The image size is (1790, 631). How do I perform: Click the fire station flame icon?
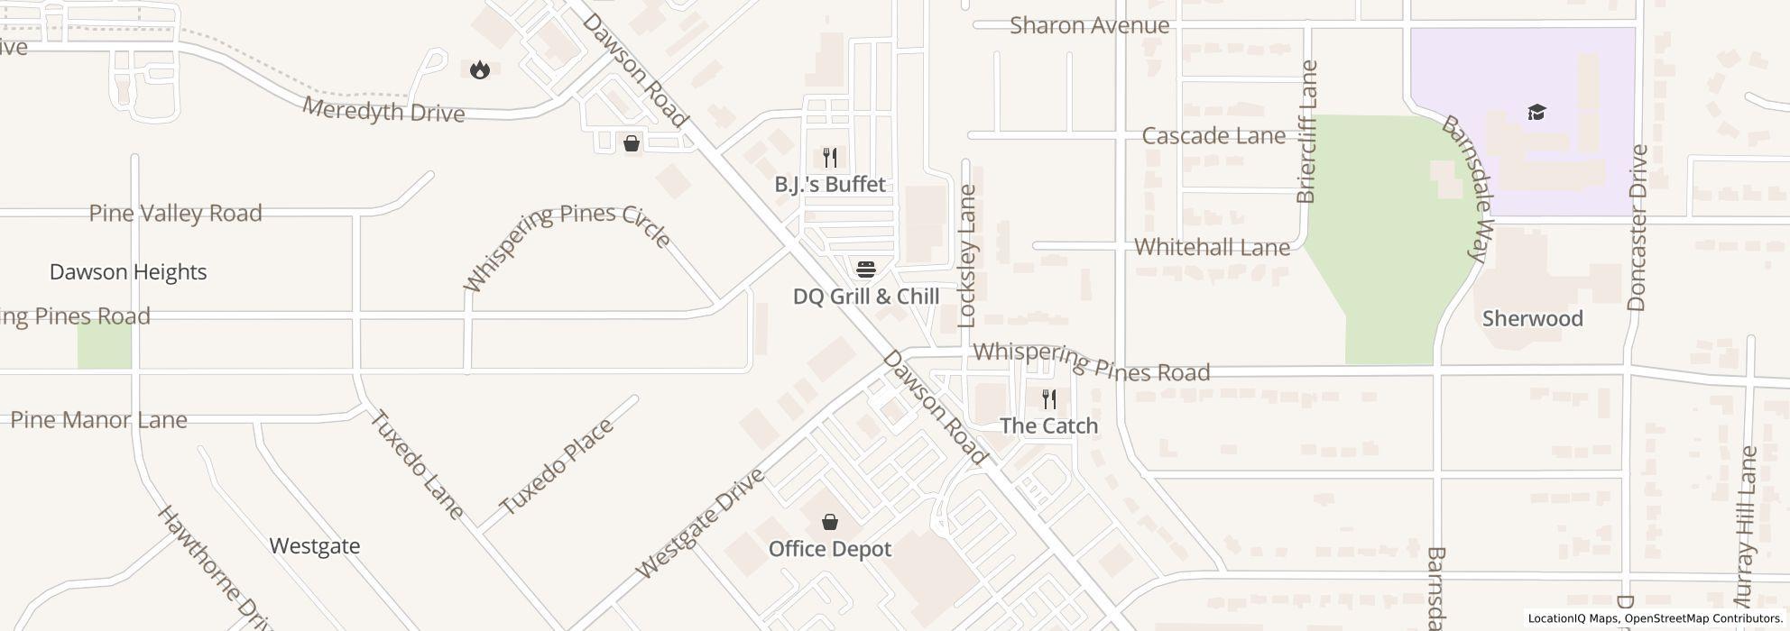pyautogui.click(x=480, y=69)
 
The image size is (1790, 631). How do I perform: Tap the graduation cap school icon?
pyautogui.click(x=1536, y=113)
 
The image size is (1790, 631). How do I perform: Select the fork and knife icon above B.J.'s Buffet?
pyautogui.click(x=830, y=158)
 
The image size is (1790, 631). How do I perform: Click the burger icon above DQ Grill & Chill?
pyautogui.click(x=865, y=270)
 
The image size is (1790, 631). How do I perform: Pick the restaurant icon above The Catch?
pyautogui.click(x=1048, y=398)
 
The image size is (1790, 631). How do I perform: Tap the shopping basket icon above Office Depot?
pyautogui.click(x=829, y=522)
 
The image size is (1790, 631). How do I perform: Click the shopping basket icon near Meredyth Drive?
pyautogui.click(x=632, y=143)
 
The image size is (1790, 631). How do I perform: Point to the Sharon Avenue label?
pyautogui.click(x=1089, y=25)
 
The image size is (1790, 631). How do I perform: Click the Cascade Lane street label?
pyautogui.click(x=1213, y=136)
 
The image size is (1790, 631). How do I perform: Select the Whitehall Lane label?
pyautogui.click(x=1211, y=247)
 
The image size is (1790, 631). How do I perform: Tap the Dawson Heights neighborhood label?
pyautogui.click(x=128, y=272)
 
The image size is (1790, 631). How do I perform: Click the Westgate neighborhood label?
pyautogui.click(x=315, y=546)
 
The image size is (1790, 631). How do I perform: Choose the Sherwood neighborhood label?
pyautogui.click(x=1532, y=319)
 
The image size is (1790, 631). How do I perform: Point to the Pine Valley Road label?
pyautogui.click(x=175, y=214)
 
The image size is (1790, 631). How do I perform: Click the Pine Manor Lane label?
pyautogui.click(x=98, y=420)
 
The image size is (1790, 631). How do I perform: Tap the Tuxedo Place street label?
pyautogui.click(x=556, y=466)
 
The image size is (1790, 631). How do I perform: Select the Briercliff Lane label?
pyautogui.click(x=1306, y=132)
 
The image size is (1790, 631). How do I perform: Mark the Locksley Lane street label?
pyautogui.click(x=968, y=255)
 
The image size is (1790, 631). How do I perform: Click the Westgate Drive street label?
pyautogui.click(x=700, y=524)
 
